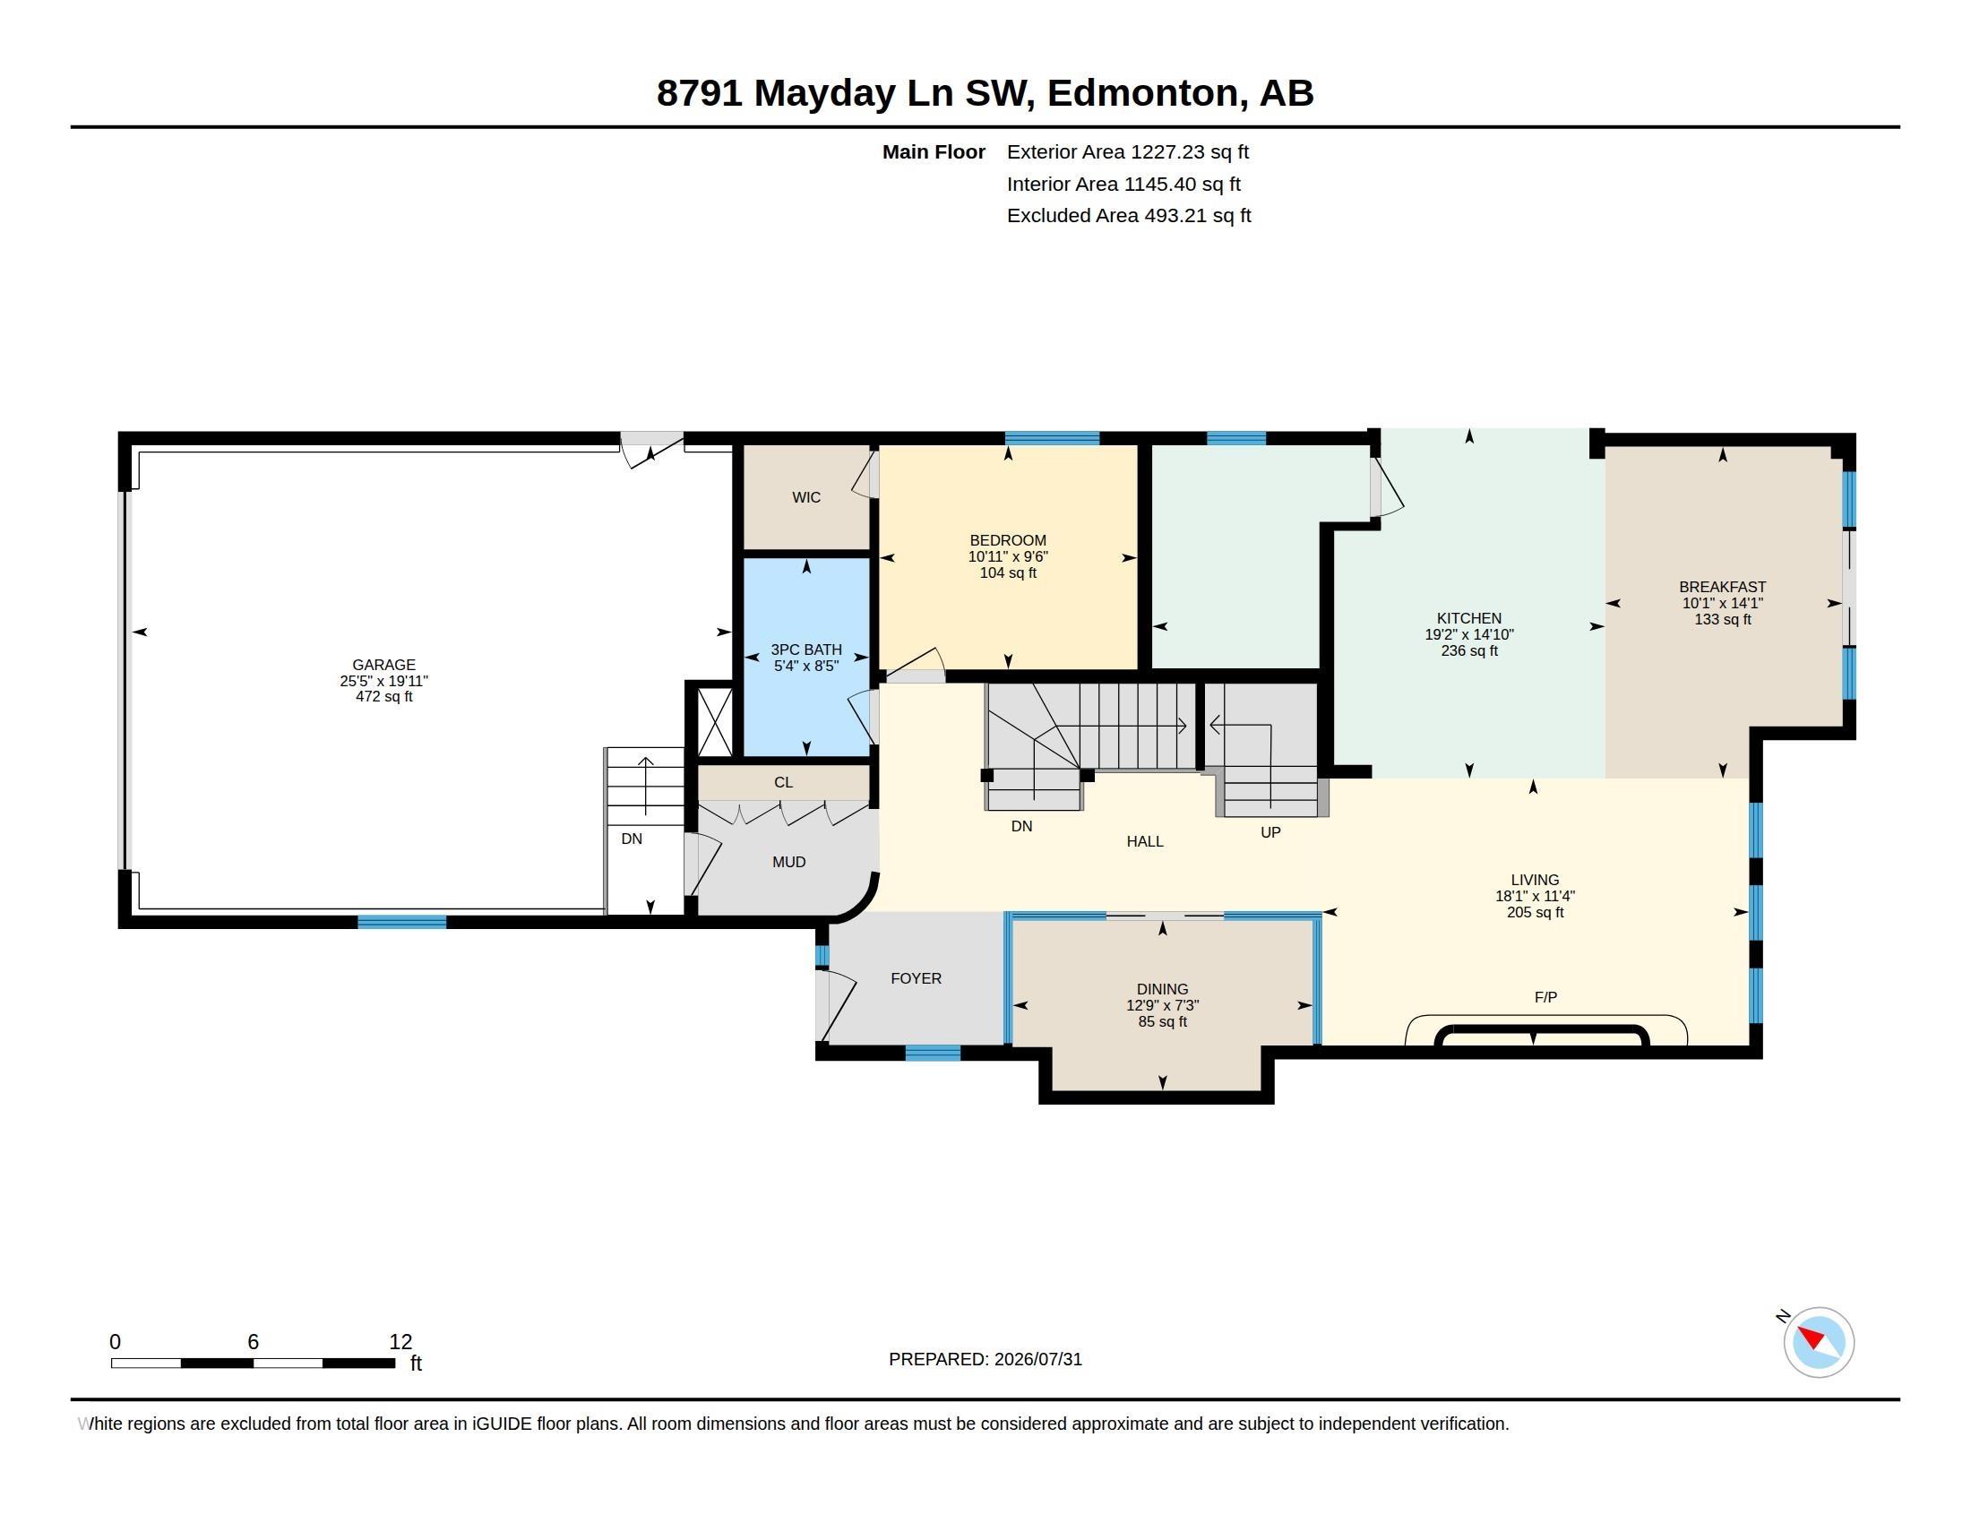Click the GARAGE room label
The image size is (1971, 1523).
[383, 665]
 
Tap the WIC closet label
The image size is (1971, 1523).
[806, 497]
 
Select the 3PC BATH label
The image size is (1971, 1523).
[806, 650]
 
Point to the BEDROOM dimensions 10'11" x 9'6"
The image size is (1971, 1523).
[1008, 556]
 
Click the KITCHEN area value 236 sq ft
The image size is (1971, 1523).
[1469, 650]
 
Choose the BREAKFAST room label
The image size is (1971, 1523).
[1722, 587]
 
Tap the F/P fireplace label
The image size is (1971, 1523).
[1545, 997]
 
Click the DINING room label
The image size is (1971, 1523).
[1162, 989]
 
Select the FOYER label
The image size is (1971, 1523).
[916, 978]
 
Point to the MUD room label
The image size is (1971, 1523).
[788, 862]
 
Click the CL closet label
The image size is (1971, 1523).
[783, 782]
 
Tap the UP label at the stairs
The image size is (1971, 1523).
[1270, 832]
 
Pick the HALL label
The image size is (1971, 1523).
[1144, 841]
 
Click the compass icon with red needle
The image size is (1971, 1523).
[1819, 1342]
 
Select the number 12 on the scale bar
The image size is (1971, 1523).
[400, 1342]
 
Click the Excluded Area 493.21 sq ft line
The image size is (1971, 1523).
[1129, 216]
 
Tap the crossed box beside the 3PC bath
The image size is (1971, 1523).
[715, 722]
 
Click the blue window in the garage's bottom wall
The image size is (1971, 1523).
[401, 921]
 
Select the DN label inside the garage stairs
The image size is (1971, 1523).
[632, 839]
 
